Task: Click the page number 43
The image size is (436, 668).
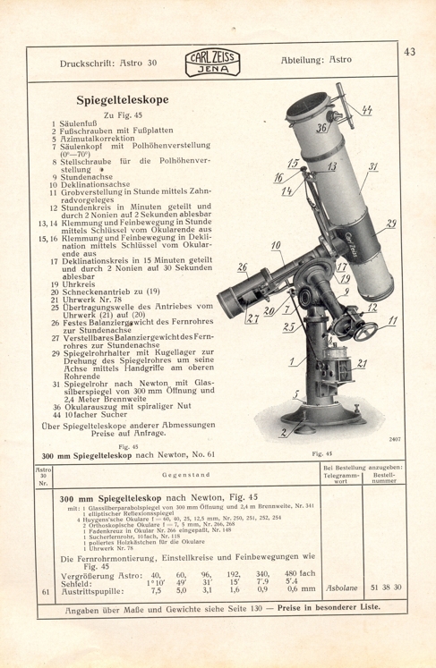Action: tap(410, 52)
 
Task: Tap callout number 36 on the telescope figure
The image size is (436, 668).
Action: tap(295, 129)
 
